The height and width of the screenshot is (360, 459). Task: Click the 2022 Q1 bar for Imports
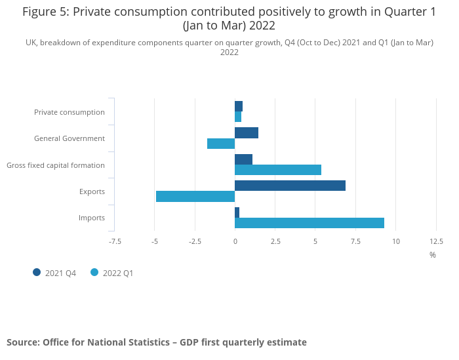pyautogui.click(x=309, y=223)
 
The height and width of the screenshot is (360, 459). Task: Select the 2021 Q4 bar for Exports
pyautogui.click(x=290, y=186)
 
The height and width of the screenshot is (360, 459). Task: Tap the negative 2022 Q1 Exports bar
pyautogui.click(x=195, y=196)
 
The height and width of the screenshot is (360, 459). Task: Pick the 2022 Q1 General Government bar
pyautogui.click(x=221, y=144)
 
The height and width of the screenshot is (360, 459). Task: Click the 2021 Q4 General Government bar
pyautogui.click(x=247, y=133)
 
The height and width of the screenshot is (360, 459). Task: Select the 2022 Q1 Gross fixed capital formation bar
pyautogui.click(x=278, y=170)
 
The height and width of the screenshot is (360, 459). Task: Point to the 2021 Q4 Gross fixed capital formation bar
pyautogui.click(x=243, y=159)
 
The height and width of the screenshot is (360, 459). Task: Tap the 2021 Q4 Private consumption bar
pyautogui.click(x=239, y=106)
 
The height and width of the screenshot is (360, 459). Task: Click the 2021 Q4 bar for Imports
pyautogui.click(x=237, y=212)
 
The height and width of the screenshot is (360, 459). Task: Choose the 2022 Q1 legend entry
pyautogui.click(x=112, y=273)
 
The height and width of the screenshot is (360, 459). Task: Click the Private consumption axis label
pyautogui.click(x=70, y=112)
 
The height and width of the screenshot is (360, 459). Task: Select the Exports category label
pyautogui.click(x=92, y=191)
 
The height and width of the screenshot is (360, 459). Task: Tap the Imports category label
pyautogui.click(x=92, y=218)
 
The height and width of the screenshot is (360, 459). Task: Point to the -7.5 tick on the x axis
pyautogui.click(x=115, y=241)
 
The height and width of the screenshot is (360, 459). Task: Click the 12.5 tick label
pyautogui.click(x=436, y=241)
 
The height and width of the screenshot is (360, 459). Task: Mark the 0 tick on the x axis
pyautogui.click(x=235, y=241)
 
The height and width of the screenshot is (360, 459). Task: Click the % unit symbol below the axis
pyautogui.click(x=433, y=254)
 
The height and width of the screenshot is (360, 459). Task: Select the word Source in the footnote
pyautogui.click(x=22, y=342)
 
